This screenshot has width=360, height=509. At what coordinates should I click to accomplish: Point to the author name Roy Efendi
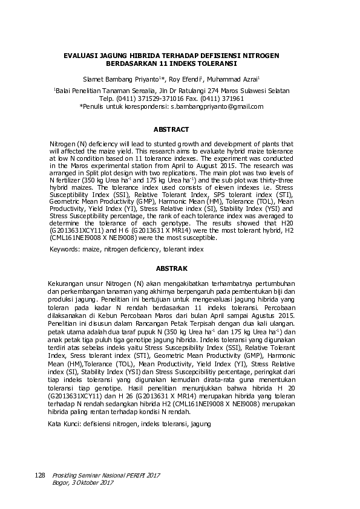pos(186,79)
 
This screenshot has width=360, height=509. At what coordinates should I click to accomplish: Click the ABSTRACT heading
pos(171,129)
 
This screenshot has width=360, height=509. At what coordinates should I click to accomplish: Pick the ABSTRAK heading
pos(171,268)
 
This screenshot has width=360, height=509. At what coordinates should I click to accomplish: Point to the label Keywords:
pos(64,249)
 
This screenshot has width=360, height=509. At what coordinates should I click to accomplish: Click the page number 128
pos(40,476)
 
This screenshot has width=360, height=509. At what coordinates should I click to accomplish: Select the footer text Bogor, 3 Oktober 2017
pos(83,482)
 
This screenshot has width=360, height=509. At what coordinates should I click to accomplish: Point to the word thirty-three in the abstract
pos(277,180)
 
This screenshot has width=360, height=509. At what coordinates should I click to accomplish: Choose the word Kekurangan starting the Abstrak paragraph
pos(66,283)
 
